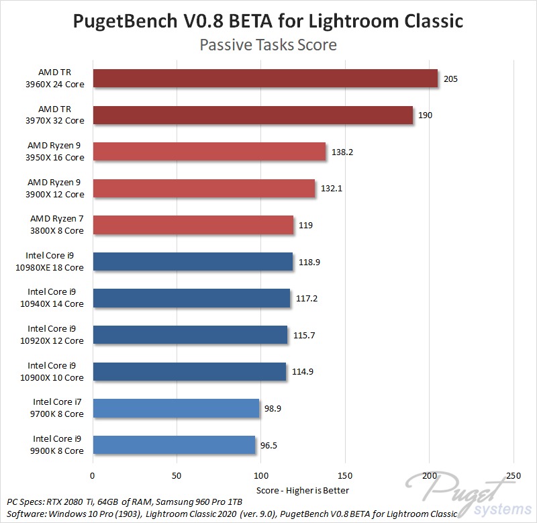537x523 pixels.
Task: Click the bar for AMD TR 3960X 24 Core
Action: pos(265,79)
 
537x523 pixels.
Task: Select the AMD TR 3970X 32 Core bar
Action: pos(253,115)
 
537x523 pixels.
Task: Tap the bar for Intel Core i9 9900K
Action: pos(175,444)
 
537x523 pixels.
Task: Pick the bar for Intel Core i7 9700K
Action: pos(177,408)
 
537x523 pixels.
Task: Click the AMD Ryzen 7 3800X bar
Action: pos(193,225)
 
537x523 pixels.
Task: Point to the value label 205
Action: pos(450,79)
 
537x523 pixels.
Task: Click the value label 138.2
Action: pos(342,152)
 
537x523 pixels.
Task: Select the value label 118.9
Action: pos(309,262)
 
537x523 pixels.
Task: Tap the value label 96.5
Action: pos(271,445)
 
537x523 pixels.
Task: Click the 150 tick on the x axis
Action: pos(345,475)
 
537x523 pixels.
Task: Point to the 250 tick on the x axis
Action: pos(514,475)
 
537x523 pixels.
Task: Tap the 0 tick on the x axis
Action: pos(93,475)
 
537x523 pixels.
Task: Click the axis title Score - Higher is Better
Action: pos(303,489)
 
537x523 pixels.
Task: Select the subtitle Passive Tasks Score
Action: pos(268,46)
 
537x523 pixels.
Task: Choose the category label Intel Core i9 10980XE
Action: pos(56,262)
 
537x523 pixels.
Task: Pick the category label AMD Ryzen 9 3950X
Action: pos(56,152)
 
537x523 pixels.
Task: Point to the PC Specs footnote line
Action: pos(124,502)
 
